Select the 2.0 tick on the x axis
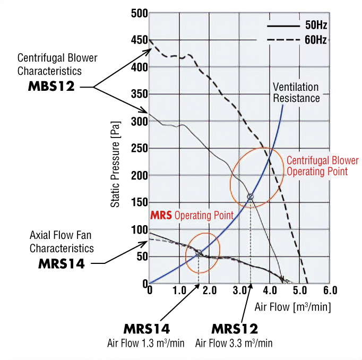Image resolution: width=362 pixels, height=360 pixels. (209, 291)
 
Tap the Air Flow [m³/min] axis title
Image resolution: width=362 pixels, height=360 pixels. (293, 307)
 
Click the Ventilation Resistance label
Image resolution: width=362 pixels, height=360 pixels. (296, 92)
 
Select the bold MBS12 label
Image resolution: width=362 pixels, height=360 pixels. (51, 87)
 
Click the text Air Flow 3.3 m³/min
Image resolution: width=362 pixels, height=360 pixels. (234, 343)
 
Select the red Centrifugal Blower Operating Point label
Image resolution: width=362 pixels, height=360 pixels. (322, 166)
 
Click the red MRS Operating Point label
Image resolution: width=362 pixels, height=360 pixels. (192, 216)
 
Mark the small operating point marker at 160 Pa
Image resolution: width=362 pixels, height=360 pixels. (251, 197)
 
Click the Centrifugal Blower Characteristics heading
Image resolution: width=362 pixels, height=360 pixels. (57, 64)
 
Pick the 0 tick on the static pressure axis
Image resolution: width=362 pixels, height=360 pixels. (144, 283)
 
